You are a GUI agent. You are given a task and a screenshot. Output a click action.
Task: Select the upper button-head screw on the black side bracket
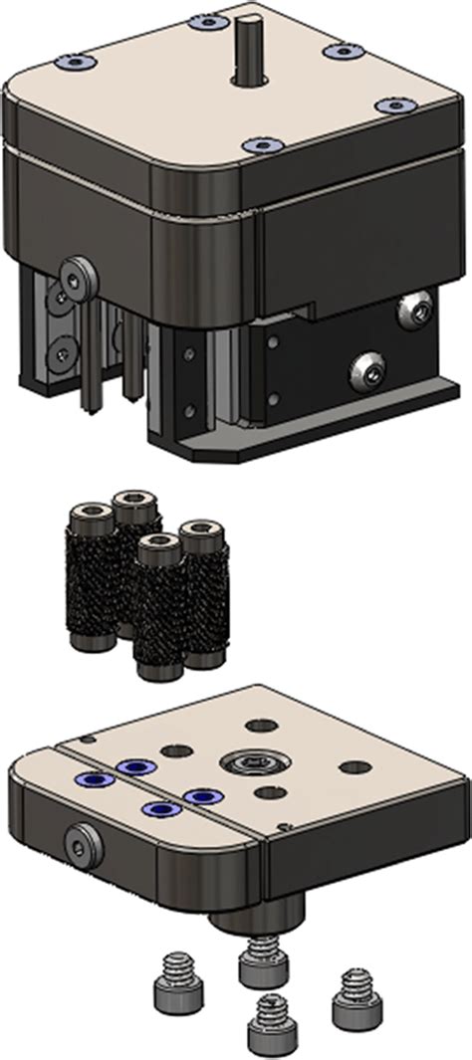pos(413,312)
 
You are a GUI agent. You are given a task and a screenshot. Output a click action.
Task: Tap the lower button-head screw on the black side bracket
pos(367,373)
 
